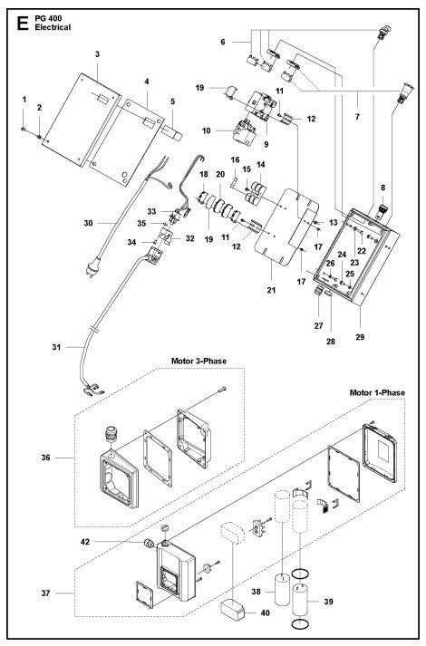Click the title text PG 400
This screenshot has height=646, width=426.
(51, 14)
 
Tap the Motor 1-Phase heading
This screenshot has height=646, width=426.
(376, 392)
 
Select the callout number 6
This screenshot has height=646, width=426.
(222, 42)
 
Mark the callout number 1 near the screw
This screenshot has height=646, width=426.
(24, 98)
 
